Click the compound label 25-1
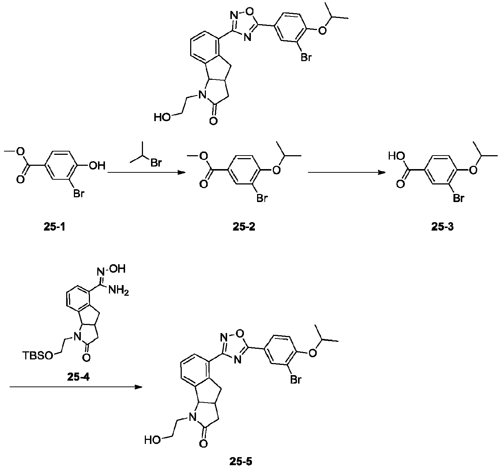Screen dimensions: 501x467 [x=54, y=227]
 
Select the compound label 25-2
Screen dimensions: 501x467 [x=244, y=227]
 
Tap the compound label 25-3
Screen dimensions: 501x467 [x=442, y=227]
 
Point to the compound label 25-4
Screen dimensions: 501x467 [x=78, y=377]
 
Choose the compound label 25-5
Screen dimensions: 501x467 [x=241, y=462]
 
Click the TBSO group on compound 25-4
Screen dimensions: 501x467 [x=38, y=355]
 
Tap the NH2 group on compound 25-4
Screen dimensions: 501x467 [x=118, y=291]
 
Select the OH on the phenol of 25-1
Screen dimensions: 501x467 [x=97, y=166]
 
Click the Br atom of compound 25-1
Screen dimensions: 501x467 [x=79, y=194]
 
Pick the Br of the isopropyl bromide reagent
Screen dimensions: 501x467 [x=156, y=162]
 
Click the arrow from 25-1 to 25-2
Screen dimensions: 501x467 [x=146, y=172]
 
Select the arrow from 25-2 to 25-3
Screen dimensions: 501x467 [x=347, y=172]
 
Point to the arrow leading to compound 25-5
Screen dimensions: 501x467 [x=76, y=387]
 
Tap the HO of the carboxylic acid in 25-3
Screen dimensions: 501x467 [x=396, y=156]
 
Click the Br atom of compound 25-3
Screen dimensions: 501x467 [x=458, y=198]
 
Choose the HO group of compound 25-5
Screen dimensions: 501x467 [x=152, y=440]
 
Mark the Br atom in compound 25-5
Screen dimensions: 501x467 [x=296, y=380]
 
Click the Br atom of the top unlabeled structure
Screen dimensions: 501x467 [x=306, y=57]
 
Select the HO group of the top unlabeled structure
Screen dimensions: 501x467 [x=162, y=117]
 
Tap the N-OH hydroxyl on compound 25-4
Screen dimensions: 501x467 [x=117, y=269]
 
